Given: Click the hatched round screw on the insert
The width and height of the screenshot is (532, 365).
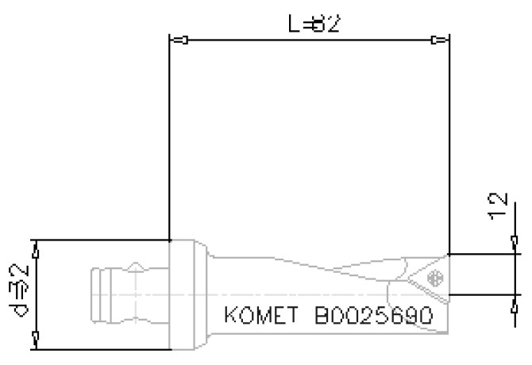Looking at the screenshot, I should [434, 278].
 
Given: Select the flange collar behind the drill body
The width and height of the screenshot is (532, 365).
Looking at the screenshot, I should [188, 294].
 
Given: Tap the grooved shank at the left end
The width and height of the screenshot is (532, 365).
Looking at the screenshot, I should [119, 294].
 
